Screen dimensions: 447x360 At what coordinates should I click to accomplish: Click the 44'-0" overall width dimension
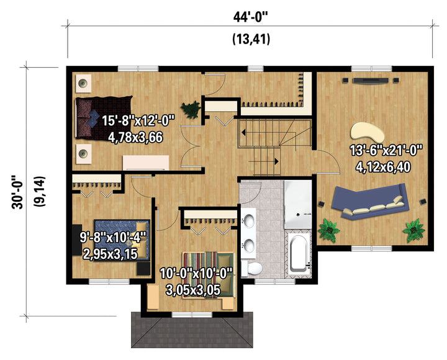(251, 17)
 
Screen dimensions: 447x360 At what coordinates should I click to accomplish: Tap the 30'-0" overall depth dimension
(17, 192)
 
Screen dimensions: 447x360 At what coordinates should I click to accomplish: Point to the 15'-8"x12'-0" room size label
(138, 120)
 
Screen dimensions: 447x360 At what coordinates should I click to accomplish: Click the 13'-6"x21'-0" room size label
(386, 150)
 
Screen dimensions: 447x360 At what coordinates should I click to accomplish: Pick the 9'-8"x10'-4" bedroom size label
(113, 237)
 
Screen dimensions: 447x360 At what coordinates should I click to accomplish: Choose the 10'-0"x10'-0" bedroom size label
(196, 274)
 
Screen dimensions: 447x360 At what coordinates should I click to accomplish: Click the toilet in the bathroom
(251, 268)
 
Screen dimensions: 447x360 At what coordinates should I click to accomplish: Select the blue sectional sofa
(370, 202)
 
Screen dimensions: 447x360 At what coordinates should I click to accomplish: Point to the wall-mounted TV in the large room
(370, 81)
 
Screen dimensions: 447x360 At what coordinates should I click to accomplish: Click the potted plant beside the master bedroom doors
(191, 109)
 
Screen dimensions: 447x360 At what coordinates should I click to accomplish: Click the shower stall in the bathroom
(297, 204)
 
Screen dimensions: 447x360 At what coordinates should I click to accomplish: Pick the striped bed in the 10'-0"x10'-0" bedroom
(209, 274)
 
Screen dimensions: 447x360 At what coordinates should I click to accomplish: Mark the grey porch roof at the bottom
(192, 330)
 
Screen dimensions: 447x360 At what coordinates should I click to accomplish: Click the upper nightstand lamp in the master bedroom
(83, 83)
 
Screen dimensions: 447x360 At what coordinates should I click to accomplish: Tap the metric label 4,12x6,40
(383, 167)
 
